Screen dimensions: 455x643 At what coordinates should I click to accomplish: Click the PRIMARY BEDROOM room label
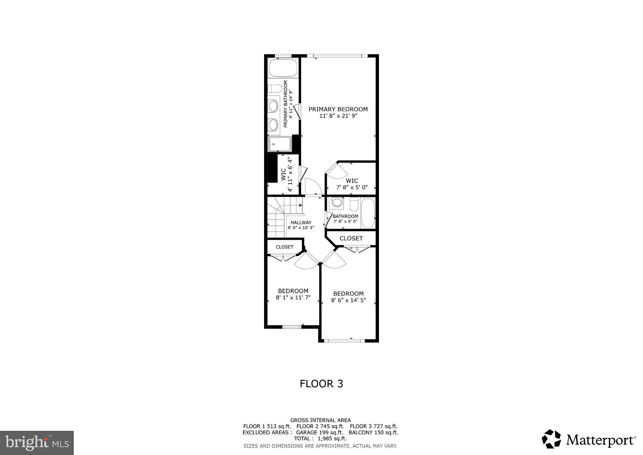tap(338, 109)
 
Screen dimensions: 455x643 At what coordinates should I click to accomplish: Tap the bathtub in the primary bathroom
tap(283, 68)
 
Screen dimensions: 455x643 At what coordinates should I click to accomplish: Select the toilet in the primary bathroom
tap(275, 89)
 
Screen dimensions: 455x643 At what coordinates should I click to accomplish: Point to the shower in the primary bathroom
tap(279, 144)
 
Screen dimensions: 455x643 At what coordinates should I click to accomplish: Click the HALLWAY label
tap(301, 222)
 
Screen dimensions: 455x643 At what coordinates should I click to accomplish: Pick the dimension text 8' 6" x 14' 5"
tap(348, 300)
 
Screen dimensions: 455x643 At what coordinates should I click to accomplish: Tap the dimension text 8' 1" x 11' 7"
tap(293, 297)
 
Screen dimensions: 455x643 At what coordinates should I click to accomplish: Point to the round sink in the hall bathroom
tap(337, 202)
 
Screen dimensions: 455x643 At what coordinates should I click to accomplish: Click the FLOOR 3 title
tap(321, 384)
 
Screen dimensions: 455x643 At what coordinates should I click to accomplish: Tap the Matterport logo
tap(588, 439)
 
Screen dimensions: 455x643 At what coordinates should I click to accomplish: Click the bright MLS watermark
tap(37, 443)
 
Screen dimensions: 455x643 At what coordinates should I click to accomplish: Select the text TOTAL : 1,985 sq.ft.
tap(320, 439)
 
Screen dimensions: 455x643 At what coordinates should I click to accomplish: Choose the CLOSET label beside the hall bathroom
tap(351, 238)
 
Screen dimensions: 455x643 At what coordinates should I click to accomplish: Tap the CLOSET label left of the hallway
tap(284, 247)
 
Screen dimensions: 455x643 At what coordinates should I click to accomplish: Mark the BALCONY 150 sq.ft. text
tap(373, 432)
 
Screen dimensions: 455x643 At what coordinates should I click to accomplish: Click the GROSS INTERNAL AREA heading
tap(320, 420)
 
